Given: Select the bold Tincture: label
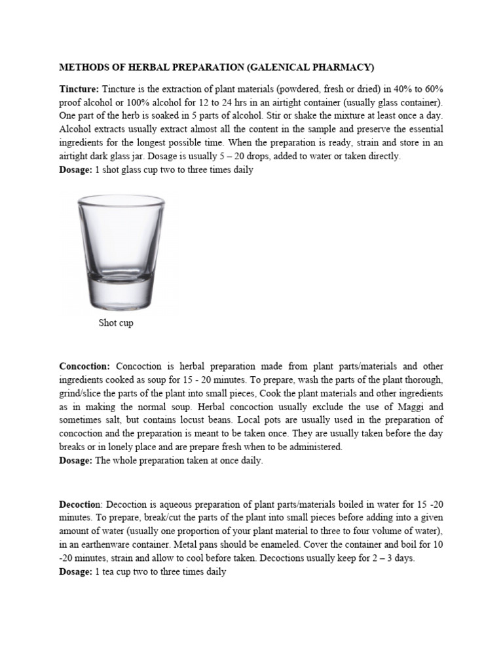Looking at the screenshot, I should (x=79, y=88).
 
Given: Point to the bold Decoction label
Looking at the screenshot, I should (x=80, y=504).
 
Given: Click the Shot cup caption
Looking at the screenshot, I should (x=116, y=323).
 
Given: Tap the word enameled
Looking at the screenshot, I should (x=267, y=545).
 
